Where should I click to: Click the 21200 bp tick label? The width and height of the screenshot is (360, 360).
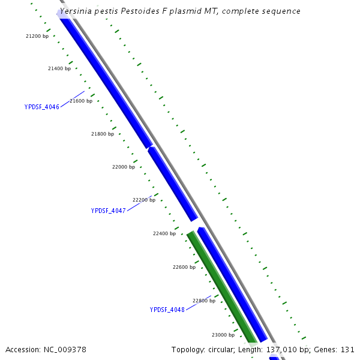[37, 36]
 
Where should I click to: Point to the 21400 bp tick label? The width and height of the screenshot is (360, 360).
[59, 68]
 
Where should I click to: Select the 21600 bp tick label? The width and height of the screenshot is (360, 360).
[81, 101]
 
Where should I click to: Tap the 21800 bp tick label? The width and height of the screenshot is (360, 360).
[103, 134]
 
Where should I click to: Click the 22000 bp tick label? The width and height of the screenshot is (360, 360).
[124, 167]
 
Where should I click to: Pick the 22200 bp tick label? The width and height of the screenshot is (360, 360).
[144, 200]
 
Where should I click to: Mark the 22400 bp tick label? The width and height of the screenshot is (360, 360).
[164, 233]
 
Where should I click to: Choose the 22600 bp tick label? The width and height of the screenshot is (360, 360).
[184, 267]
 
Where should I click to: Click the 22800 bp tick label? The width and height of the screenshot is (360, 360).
[204, 301]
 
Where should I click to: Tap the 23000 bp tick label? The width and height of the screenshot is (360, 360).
[223, 335]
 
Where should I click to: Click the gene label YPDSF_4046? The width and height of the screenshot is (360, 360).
[41, 107]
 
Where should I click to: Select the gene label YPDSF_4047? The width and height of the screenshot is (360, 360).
[108, 211]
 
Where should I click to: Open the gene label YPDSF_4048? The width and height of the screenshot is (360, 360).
[167, 310]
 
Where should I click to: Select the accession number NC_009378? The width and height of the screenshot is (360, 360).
[65, 349]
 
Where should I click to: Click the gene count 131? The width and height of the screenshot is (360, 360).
[347, 349]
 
